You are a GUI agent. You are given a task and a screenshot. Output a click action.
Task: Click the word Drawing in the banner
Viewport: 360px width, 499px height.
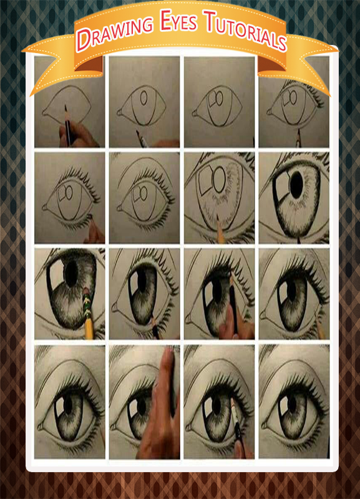[x=115, y=33]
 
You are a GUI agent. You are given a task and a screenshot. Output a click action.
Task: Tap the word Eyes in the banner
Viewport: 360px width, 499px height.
[x=178, y=21]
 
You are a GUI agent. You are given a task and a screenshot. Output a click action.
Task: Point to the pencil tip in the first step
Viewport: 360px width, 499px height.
[x=66, y=107]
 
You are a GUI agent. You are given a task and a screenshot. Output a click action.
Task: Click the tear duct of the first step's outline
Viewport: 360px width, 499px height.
[x=45, y=112]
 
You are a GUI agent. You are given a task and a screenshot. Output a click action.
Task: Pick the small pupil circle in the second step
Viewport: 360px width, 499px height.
[x=144, y=98]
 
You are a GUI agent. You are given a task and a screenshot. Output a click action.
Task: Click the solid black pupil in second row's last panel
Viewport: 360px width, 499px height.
[x=296, y=185]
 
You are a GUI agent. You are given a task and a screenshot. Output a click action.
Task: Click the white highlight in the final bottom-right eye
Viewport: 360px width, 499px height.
[x=283, y=406]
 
